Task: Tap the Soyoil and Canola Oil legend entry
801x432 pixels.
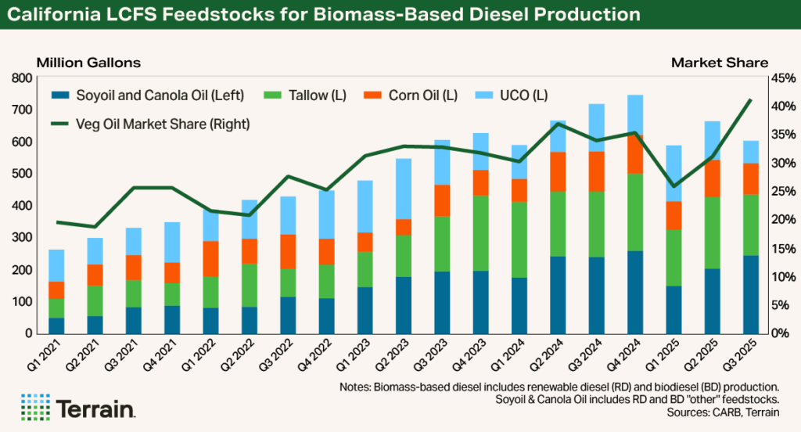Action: (x=149, y=95)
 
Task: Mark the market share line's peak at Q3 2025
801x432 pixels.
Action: (x=751, y=100)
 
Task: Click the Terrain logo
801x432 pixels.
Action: (x=78, y=408)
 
